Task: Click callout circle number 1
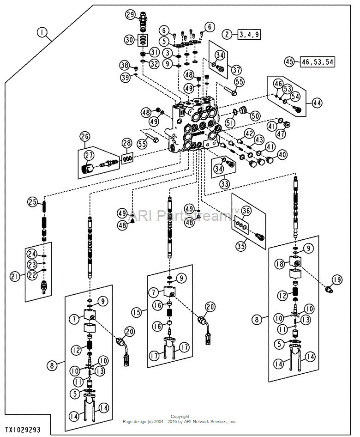[x=42, y=33]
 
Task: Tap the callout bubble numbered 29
[x=130, y=14]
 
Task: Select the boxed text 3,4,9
[x=249, y=35]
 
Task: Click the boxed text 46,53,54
[x=318, y=61]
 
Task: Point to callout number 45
[x=289, y=61]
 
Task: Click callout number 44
[x=317, y=103]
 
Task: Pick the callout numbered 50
[x=255, y=115]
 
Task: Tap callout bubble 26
[x=85, y=137]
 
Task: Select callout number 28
[x=127, y=143]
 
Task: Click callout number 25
[x=33, y=201]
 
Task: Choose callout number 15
[x=137, y=312]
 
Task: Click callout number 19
[x=337, y=279]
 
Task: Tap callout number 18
[x=280, y=264]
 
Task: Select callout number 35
[x=241, y=246]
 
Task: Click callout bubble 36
[x=246, y=211]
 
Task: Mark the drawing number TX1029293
[x=23, y=429]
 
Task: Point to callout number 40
[x=282, y=154]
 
